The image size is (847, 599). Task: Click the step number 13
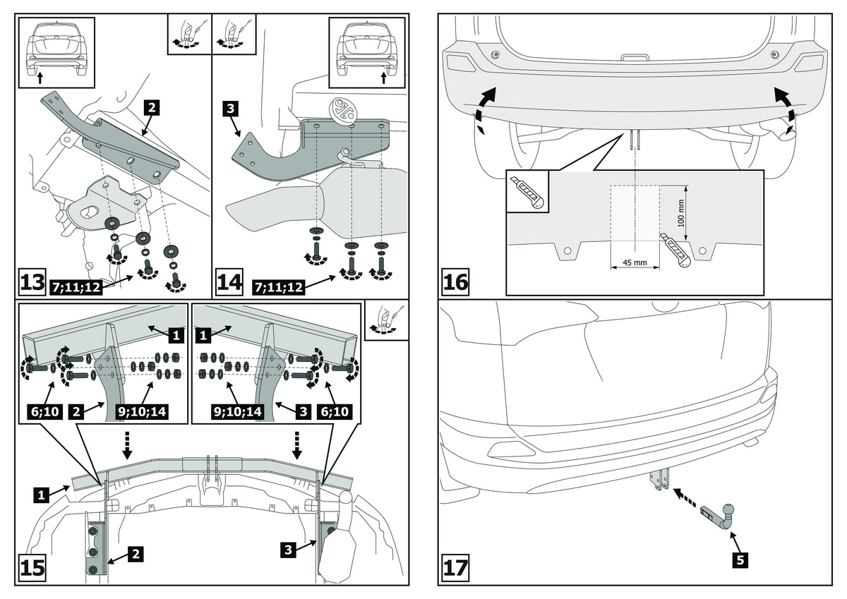tap(32, 283)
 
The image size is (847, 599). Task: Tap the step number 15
tap(32, 567)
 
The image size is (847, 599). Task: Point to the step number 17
tap(455, 567)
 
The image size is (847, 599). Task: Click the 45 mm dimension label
tap(635, 263)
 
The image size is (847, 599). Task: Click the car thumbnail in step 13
tap(56, 51)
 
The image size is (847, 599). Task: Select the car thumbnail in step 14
tap(368, 51)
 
